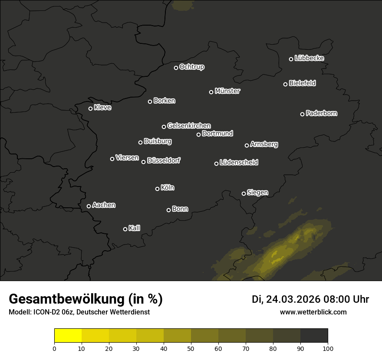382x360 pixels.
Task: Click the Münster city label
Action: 227,91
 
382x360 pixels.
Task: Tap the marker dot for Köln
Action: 157,189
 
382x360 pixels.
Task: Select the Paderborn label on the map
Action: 322,113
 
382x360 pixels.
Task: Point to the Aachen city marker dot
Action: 89,206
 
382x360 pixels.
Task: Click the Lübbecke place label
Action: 309,58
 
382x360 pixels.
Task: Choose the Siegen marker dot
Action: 244,193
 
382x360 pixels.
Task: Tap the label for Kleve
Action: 103,108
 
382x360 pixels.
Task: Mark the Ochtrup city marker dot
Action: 176,68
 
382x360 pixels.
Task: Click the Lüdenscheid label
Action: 239,163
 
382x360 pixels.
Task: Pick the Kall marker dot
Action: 125,229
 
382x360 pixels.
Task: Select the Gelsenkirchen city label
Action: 189,126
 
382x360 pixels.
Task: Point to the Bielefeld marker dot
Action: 285,84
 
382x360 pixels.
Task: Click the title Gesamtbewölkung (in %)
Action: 86,299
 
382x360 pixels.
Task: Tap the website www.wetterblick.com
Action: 313,312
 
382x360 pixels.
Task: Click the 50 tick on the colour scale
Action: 191,348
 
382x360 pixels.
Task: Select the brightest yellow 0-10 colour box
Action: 68,336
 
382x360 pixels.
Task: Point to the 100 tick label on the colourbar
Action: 328,348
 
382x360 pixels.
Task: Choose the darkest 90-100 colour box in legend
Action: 314,336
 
